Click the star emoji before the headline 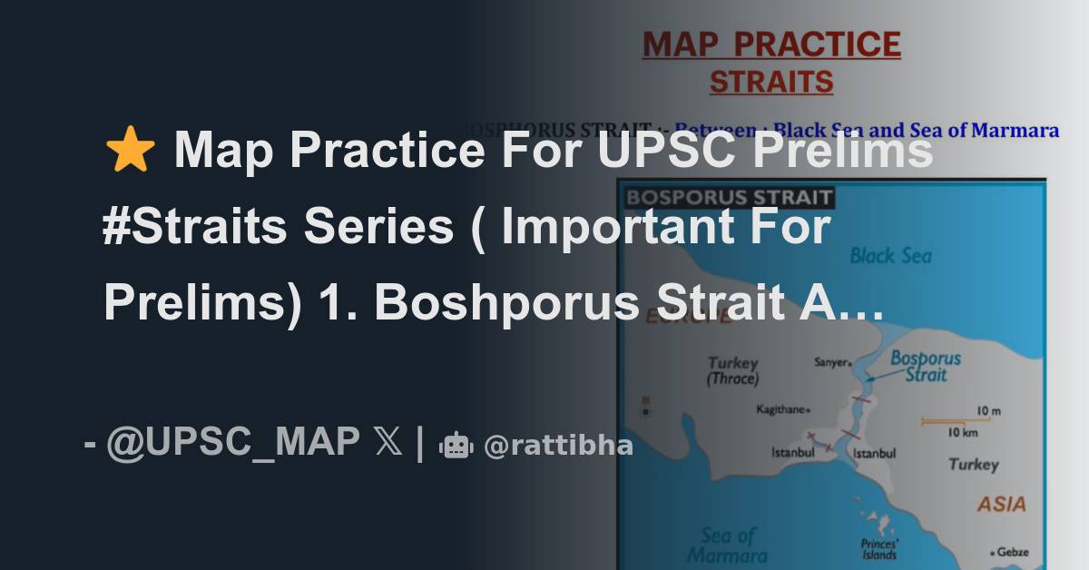pyautogui.click(x=130, y=151)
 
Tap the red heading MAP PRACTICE pyautogui.click(x=770, y=44)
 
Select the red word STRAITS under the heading pyautogui.click(x=770, y=83)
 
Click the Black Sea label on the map pyautogui.click(x=890, y=256)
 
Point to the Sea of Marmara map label pyautogui.click(x=728, y=545)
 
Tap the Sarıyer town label pyautogui.click(x=832, y=362)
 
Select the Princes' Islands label pyautogui.click(x=878, y=548)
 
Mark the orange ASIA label pyautogui.click(x=1001, y=504)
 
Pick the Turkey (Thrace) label pyautogui.click(x=733, y=370)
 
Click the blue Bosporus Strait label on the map pyautogui.click(x=925, y=366)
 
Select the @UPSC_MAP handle pyautogui.click(x=232, y=442)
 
